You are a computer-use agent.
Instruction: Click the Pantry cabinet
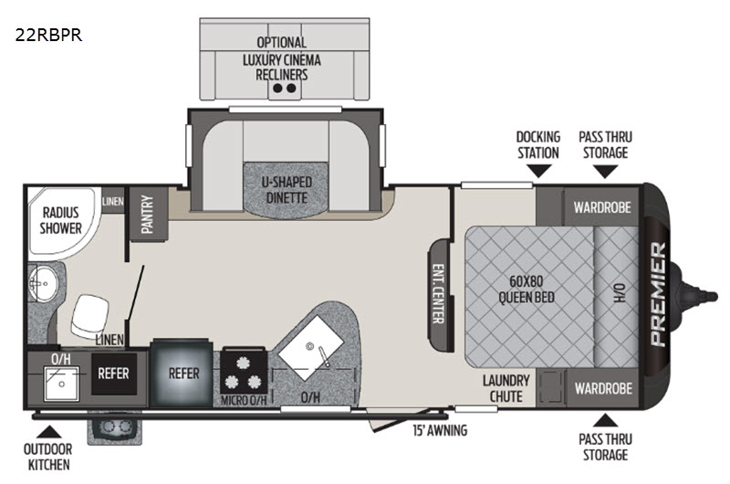click(x=147, y=212)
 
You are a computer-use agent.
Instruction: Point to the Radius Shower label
click(x=61, y=220)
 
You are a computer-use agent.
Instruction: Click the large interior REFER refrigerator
click(x=183, y=374)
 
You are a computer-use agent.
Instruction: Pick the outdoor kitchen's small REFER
click(x=114, y=374)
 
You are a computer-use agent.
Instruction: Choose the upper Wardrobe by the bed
click(x=602, y=206)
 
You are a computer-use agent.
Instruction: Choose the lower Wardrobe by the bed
click(x=602, y=387)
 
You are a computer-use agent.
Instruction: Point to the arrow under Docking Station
click(x=537, y=169)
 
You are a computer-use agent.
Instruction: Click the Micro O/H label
click(x=244, y=399)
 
